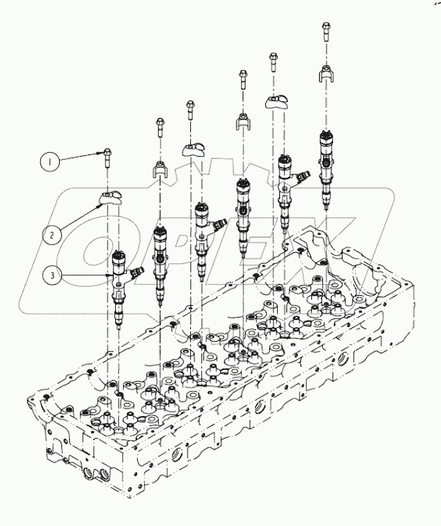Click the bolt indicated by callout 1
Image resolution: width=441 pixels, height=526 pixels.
[106, 155]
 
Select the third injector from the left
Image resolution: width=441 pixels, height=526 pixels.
[203, 233]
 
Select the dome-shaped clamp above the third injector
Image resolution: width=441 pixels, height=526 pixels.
[193, 149]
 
